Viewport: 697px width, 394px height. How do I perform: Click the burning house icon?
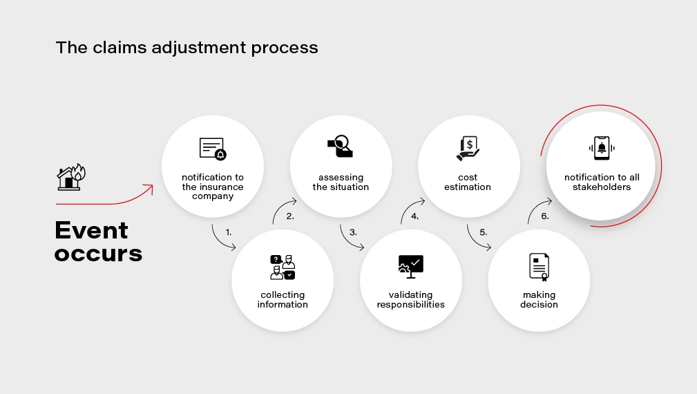point(70,177)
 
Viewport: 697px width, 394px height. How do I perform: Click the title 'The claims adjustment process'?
point(187,48)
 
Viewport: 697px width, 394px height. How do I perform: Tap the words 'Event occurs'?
point(98,241)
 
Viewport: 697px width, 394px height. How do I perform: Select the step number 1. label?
point(229,233)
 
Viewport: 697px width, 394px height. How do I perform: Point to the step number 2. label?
point(290,216)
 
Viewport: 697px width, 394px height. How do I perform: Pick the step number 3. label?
point(353,233)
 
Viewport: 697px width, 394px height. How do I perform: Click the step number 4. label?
point(414,216)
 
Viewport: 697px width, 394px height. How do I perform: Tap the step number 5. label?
point(483,233)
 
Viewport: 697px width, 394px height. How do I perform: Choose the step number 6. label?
point(545,216)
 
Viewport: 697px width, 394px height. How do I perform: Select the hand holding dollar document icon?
point(468,147)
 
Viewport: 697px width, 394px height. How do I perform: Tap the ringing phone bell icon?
point(601,147)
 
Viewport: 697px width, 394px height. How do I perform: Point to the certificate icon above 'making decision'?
point(540,267)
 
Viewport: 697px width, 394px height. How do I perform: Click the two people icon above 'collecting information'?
point(283,267)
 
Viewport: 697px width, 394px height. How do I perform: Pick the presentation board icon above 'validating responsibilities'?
point(410,266)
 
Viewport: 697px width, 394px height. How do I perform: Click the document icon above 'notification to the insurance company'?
point(212,149)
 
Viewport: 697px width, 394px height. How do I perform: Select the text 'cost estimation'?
point(468,182)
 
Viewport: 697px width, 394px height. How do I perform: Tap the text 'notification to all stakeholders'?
point(602,182)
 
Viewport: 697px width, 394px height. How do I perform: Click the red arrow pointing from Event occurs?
point(104,197)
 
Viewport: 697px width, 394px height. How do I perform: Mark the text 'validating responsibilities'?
point(410,300)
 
